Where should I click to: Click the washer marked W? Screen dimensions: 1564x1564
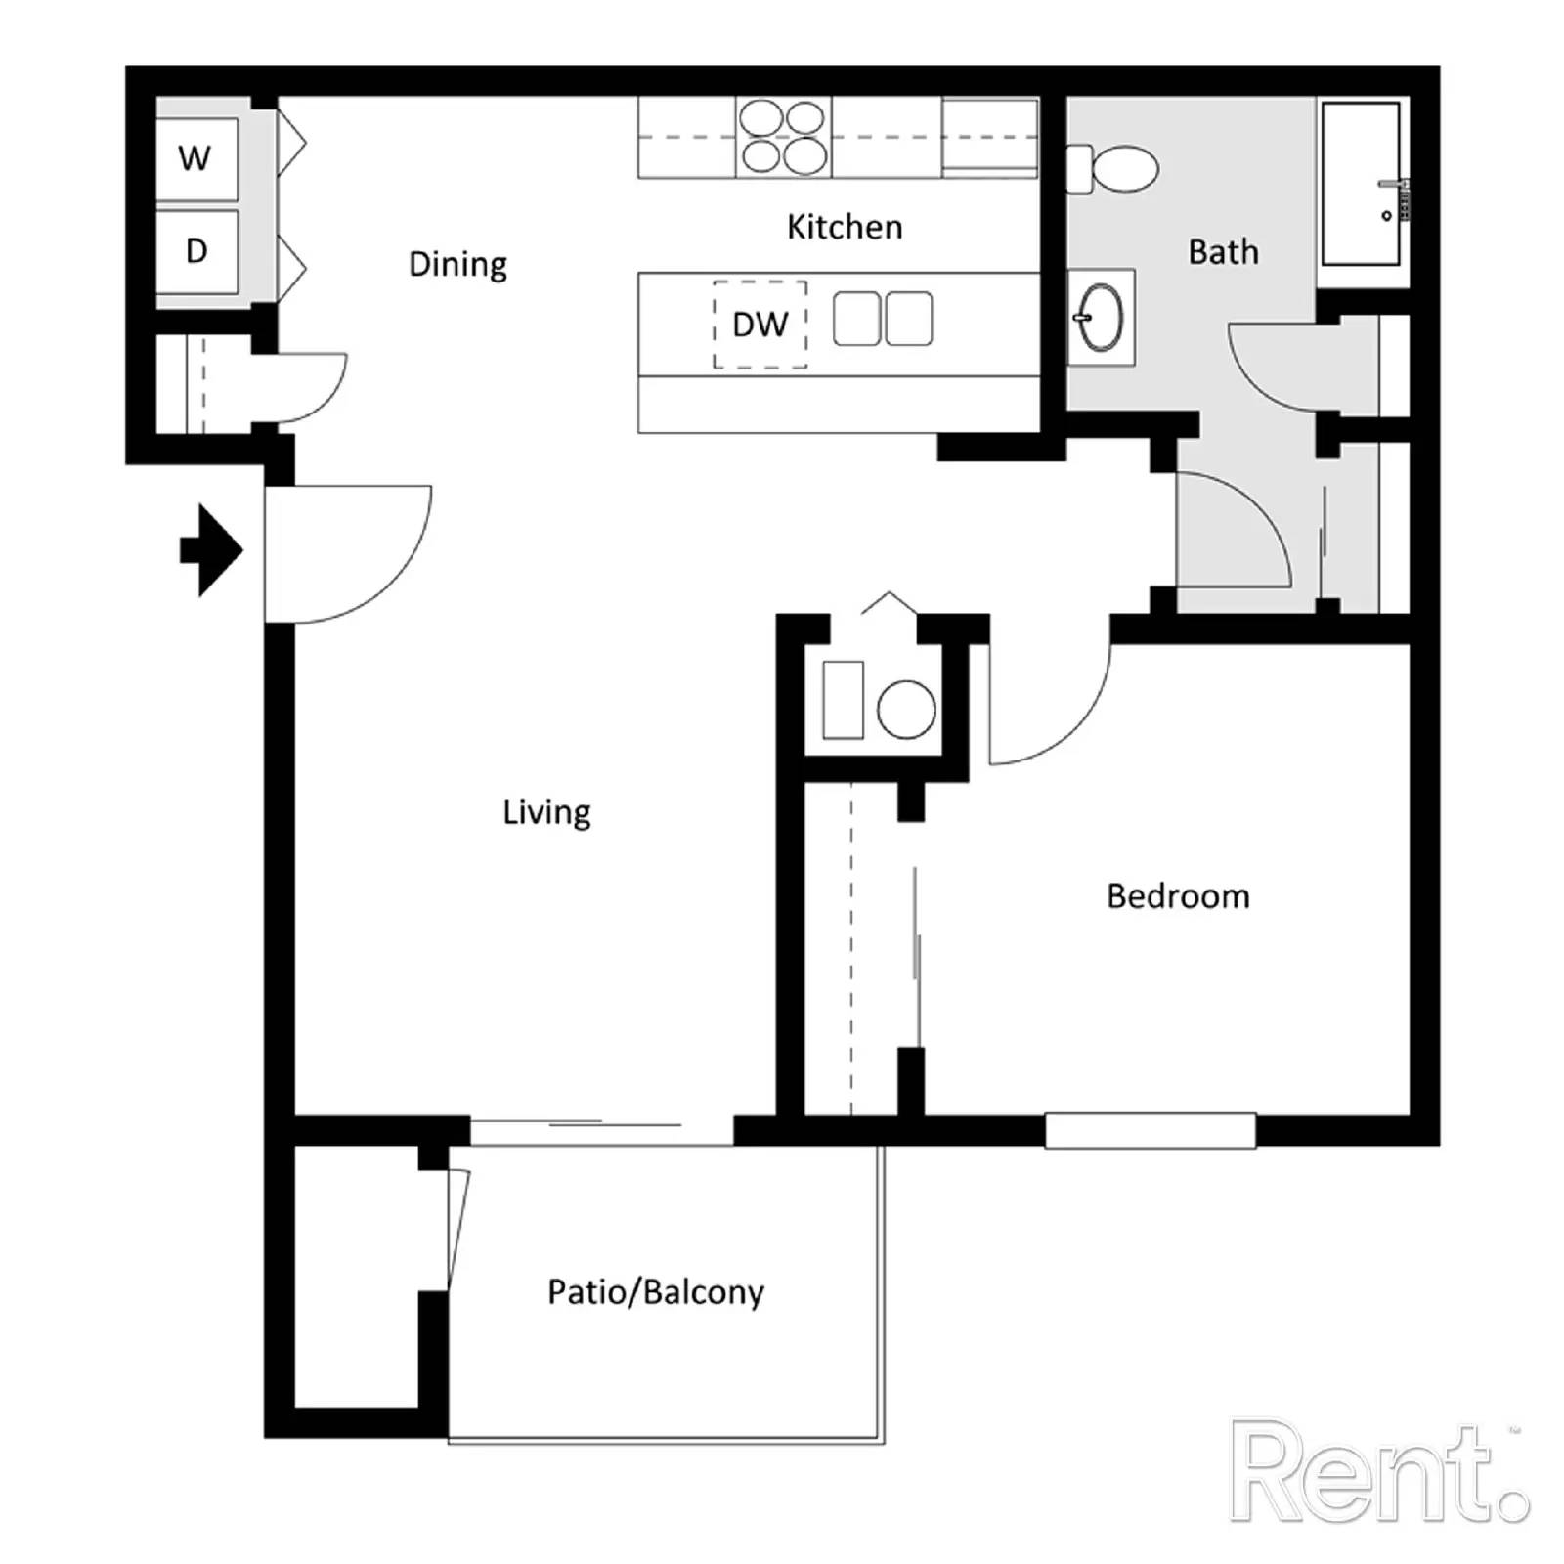pyautogui.click(x=196, y=158)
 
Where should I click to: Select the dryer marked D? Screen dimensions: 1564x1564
pyautogui.click(x=196, y=251)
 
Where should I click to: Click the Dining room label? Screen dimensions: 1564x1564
pyautogui.click(x=457, y=265)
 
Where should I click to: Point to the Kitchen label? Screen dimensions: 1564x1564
pyautogui.click(x=845, y=227)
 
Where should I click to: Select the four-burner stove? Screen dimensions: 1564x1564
pyautogui.click(x=783, y=137)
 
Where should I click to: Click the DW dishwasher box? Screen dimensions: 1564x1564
pyautogui.click(x=760, y=325)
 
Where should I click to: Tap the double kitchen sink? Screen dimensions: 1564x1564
pyautogui.click(x=883, y=320)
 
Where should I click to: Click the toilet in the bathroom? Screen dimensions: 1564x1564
pyautogui.click(x=1113, y=169)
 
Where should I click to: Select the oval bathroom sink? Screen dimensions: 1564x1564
pyautogui.click(x=1101, y=318)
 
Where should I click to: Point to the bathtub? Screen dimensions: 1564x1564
pyautogui.click(x=1361, y=184)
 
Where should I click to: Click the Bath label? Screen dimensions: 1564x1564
pyautogui.click(x=1223, y=252)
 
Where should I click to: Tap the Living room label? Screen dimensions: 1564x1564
pyautogui.click(x=546, y=812)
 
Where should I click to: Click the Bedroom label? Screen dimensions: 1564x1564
pyautogui.click(x=1178, y=896)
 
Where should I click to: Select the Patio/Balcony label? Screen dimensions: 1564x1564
pyautogui.click(x=656, y=1292)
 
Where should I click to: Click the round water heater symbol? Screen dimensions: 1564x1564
pyautogui.click(x=906, y=709)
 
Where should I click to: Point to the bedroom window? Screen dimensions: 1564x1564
pyautogui.click(x=1151, y=1131)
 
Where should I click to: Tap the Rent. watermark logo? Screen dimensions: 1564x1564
pyautogui.click(x=1378, y=1473)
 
